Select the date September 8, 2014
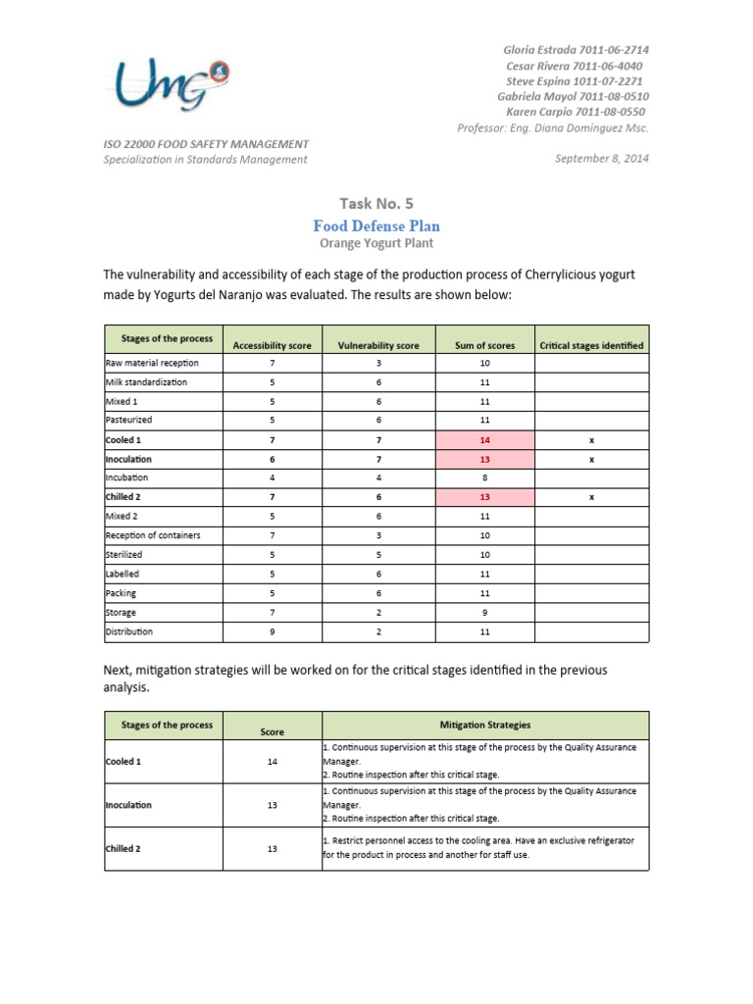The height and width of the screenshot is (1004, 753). tap(601, 159)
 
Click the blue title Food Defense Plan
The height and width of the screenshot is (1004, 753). tap(376, 226)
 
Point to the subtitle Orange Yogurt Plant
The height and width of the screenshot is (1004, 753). tap(376, 243)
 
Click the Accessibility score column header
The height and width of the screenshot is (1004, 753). tap(272, 346)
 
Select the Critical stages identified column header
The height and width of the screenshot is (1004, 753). tap(591, 346)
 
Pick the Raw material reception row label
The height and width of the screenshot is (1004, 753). tap(145, 364)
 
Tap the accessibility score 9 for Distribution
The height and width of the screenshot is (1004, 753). tap(272, 632)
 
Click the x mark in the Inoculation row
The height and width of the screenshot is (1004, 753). tap(591, 460)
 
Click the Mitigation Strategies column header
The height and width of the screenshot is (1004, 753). tap(484, 726)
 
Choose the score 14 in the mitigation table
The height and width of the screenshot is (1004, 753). tap(272, 762)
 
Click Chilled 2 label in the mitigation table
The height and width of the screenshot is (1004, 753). tap(124, 849)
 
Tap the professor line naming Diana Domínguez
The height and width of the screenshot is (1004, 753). tap(553, 128)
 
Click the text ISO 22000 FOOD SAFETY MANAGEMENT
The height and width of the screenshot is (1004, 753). tap(206, 143)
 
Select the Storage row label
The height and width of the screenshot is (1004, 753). tap(122, 613)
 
